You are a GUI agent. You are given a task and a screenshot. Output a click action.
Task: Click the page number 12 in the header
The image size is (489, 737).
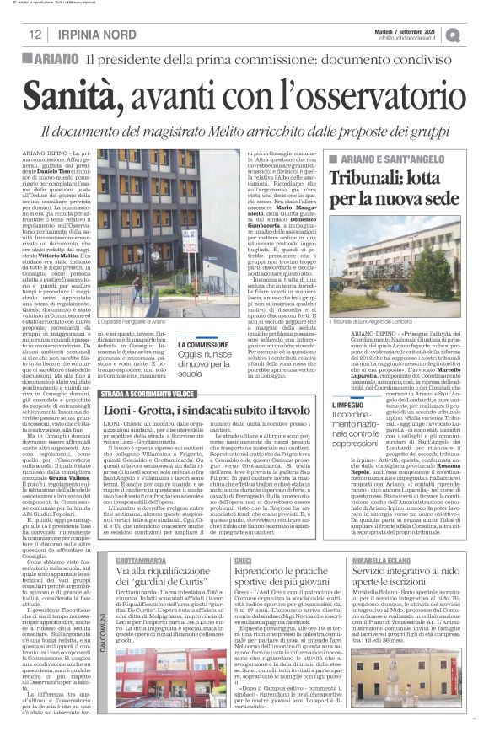35,35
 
